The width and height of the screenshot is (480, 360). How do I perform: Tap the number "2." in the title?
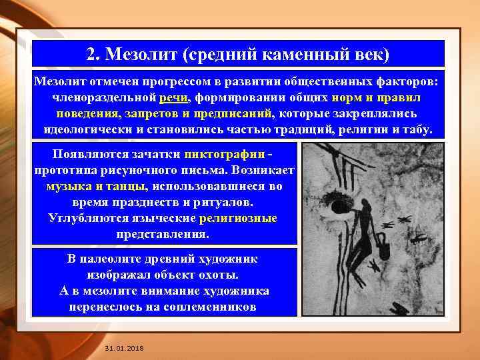pyautogui.click(x=95, y=53)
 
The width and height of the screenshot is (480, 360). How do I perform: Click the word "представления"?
pyautogui.click(x=163, y=234)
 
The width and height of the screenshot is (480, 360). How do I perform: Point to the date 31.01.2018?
pyautogui.click(x=124, y=349)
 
